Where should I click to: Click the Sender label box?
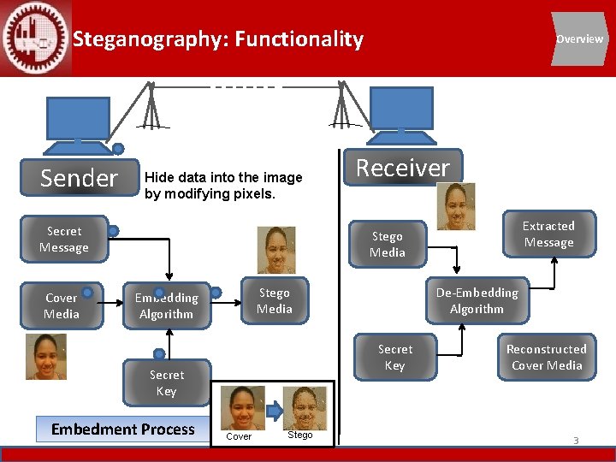[79, 178]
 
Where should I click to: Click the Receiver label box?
[402, 168]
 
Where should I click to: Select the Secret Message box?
[64, 240]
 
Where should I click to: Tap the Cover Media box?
[61, 306]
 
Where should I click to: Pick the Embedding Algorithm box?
[166, 306]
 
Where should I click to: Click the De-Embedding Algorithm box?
[477, 301]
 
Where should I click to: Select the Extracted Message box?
[548, 234]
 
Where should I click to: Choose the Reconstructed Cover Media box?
[546, 358]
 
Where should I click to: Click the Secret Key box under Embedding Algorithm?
[166, 383]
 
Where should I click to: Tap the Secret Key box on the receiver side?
[394, 358]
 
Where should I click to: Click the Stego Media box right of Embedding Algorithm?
[274, 301]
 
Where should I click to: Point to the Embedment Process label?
[123, 429]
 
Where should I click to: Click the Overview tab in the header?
[579, 38]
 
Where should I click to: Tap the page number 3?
[576, 441]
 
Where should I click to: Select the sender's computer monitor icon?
[78, 120]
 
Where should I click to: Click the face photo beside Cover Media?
[45, 357]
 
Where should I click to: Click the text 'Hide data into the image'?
[223, 178]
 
